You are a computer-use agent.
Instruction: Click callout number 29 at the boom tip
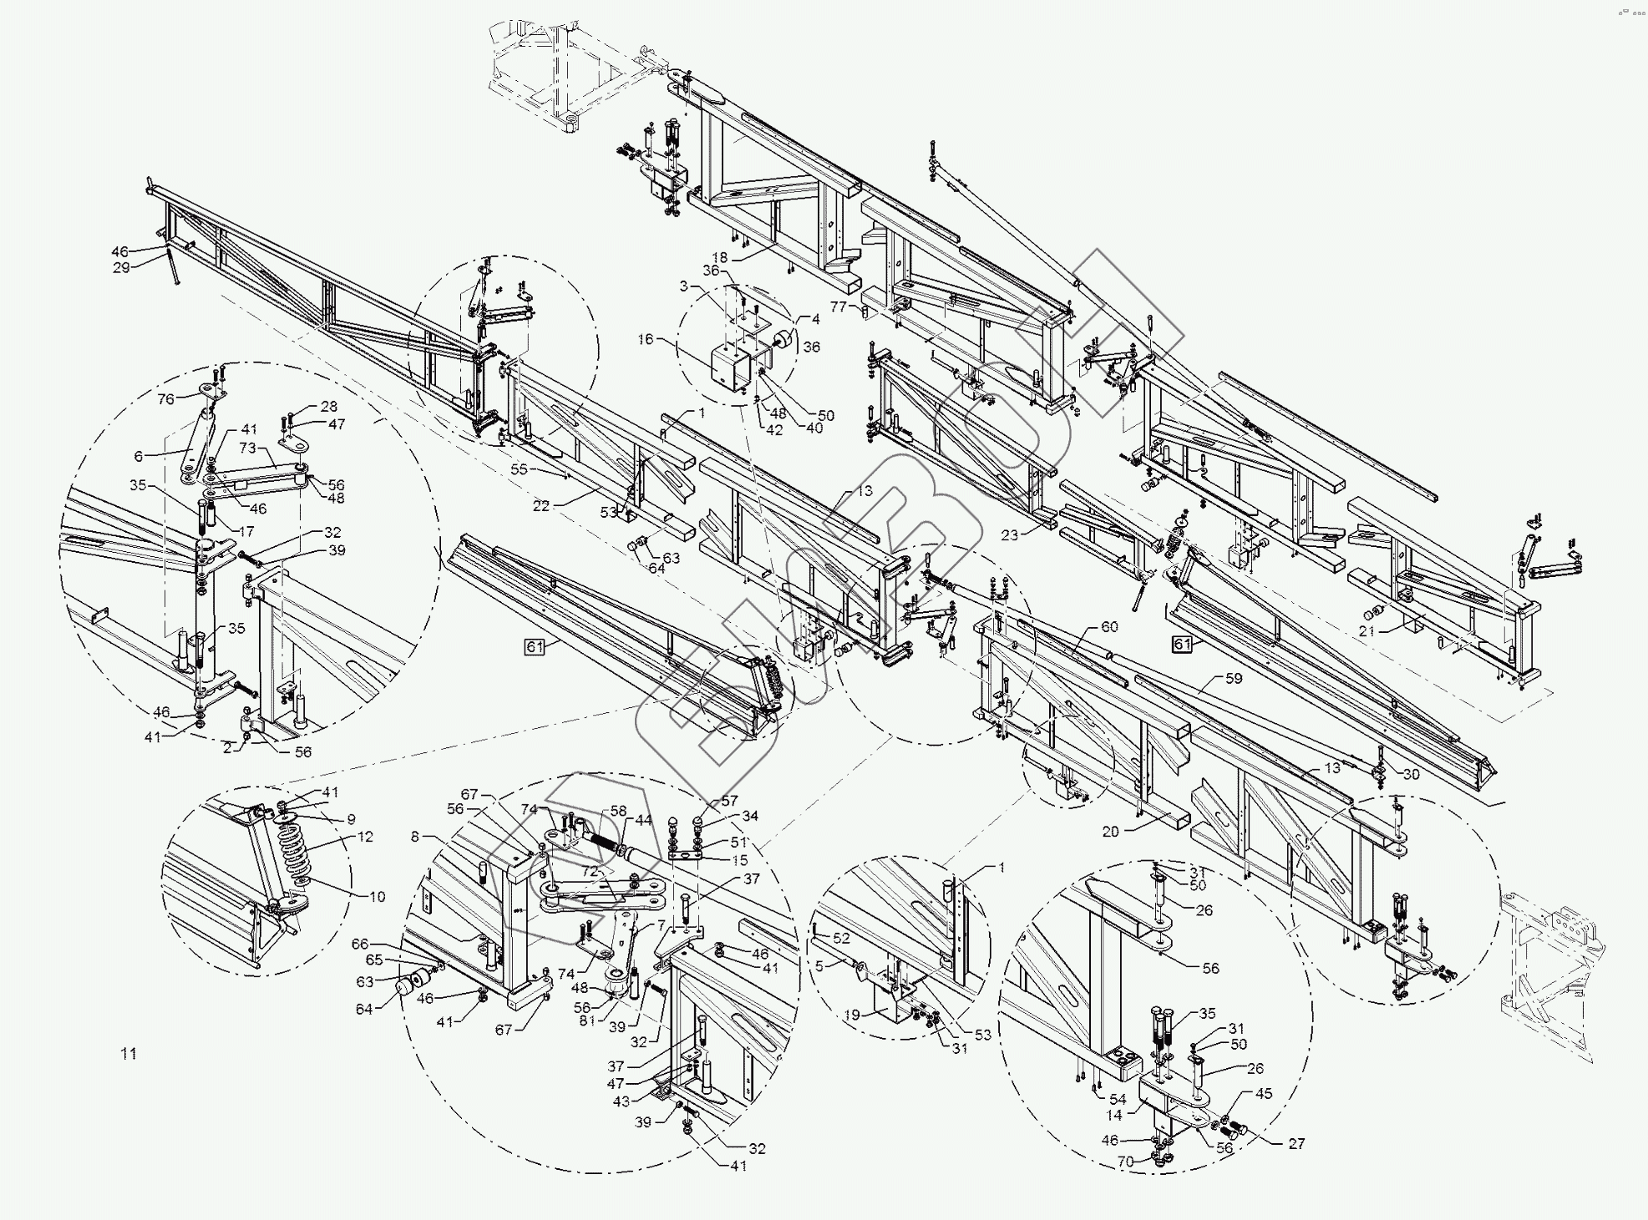(x=121, y=268)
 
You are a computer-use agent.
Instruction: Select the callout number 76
(x=166, y=399)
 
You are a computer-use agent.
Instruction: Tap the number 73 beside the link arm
(x=247, y=449)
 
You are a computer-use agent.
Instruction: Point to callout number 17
(x=246, y=531)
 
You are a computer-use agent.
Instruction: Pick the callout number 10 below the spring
(x=377, y=897)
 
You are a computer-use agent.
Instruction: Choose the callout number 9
(x=351, y=819)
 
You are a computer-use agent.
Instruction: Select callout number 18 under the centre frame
(x=721, y=257)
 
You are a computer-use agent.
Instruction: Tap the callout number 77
(x=839, y=307)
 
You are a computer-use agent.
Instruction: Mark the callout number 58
(x=618, y=811)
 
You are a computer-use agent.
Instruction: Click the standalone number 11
(x=128, y=1054)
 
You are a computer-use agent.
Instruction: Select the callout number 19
(x=851, y=1015)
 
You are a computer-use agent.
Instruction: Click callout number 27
(x=1296, y=1144)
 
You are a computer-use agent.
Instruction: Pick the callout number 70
(x=1126, y=1161)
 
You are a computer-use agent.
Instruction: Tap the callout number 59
(x=1234, y=679)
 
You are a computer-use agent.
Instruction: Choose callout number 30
(x=1411, y=774)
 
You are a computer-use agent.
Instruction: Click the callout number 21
(x=1367, y=631)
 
